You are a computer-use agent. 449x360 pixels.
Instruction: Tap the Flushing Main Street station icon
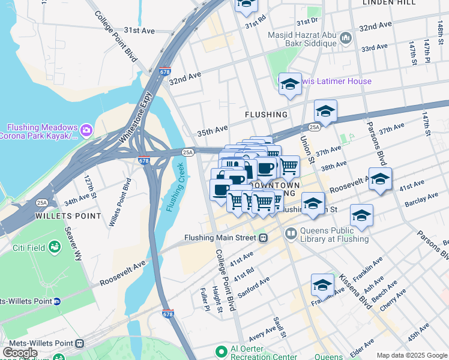263,238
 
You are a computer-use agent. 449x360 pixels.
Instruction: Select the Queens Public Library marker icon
291,233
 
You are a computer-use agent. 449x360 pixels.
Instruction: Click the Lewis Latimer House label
336,81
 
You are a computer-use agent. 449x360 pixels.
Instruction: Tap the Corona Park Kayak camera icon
86,129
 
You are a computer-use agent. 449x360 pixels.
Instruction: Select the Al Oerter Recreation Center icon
221,350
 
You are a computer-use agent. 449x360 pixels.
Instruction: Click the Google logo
20,352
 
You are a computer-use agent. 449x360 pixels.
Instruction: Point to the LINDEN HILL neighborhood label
389,3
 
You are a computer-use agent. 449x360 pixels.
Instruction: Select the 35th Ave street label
212,129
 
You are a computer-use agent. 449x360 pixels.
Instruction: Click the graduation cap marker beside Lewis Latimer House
290,85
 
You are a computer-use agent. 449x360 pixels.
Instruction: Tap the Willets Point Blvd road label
119,202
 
